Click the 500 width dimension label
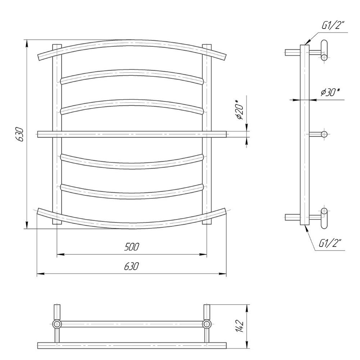pos(132,247)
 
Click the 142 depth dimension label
pos(239,326)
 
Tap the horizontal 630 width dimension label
pos(131,266)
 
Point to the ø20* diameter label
pos(239,109)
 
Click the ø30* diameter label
pos(330,92)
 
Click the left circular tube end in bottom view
pos(57,324)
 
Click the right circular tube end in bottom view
pos(207,324)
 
